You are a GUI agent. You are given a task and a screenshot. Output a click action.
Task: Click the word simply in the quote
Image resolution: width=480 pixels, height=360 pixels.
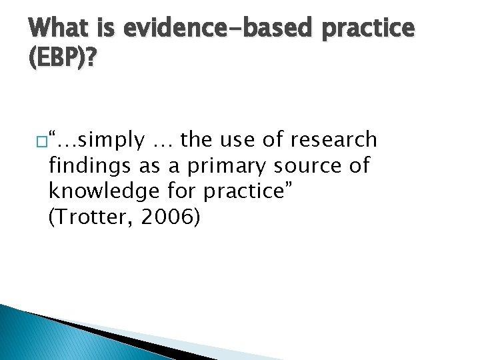coord(111,140)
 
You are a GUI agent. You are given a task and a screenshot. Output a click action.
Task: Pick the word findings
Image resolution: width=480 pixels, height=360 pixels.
coord(87,165)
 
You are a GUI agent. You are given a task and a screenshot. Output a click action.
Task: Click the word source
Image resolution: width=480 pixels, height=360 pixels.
coord(304,165)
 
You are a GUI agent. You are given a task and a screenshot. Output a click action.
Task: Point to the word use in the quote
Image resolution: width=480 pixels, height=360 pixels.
coord(237,140)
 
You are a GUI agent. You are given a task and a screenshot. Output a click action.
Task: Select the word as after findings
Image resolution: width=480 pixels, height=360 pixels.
coord(144,166)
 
